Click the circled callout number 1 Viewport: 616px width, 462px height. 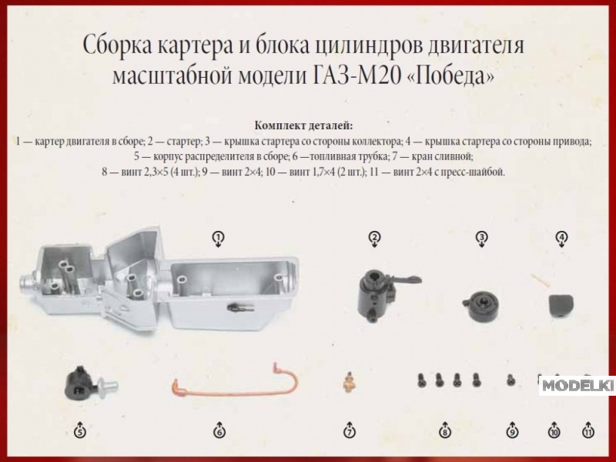219,237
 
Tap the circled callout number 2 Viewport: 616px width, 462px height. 374,237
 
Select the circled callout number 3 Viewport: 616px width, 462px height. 482,237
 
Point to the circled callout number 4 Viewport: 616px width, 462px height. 562,237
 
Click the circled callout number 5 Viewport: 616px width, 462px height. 80,432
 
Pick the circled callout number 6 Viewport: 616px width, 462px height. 219,432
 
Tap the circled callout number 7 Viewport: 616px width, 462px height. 350,432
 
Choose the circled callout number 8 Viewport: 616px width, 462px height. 445,432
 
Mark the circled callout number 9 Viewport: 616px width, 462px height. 512,432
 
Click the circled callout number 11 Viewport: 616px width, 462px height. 588,432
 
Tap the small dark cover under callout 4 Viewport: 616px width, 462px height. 561,305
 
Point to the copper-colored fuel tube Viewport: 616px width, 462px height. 236,392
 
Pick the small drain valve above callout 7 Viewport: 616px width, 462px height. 349,380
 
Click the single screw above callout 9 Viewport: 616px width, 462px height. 511,380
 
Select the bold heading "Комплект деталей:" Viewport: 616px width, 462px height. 303,126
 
